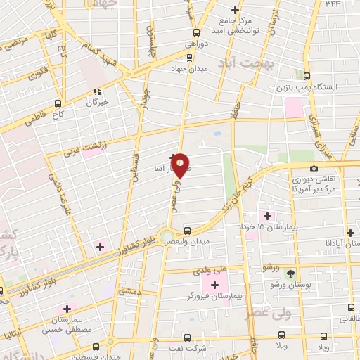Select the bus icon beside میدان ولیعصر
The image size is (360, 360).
187,230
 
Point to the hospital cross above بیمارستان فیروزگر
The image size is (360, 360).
214,284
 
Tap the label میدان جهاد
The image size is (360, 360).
188,70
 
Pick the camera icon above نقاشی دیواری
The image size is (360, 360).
314,168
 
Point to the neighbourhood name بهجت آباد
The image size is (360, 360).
239,63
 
